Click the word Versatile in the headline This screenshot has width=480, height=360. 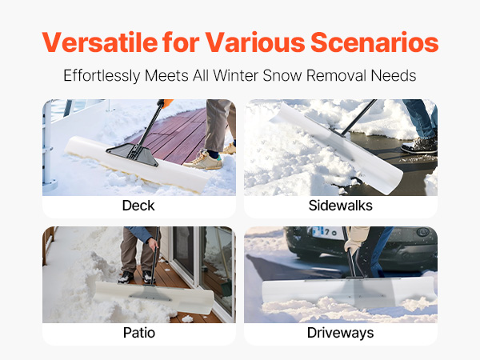(x=100, y=42)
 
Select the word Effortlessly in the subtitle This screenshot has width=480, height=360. (x=102, y=76)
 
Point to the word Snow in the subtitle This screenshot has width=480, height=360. (x=282, y=75)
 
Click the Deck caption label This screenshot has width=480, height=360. (x=138, y=206)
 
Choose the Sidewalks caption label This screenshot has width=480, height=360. (x=341, y=206)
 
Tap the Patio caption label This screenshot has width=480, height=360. (x=139, y=333)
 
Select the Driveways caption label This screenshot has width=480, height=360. (x=341, y=333)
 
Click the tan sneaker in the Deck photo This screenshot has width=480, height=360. (x=203, y=160)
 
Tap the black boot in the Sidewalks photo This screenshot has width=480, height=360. (x=419, y=146)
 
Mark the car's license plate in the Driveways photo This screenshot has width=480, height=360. (x=327, y=232)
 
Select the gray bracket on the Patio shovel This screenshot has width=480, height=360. (x=150, y=293)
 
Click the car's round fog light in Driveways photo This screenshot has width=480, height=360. (x=423, y=232)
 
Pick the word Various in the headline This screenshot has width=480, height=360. (x=255, y=42)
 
